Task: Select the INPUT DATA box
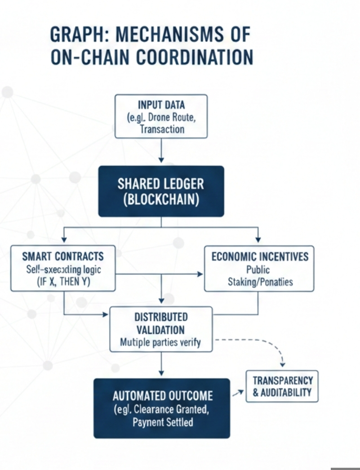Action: pos(161,116)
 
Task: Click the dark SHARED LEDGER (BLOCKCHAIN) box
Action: pos(161,191)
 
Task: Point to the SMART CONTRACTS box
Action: pos(63,269)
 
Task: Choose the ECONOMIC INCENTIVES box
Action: pos(259,269)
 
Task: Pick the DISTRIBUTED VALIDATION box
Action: pos(161,329)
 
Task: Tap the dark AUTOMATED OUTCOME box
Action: pos(162,408)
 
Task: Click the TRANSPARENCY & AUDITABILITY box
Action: pos(282,386)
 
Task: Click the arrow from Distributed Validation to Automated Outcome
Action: pos(161,364)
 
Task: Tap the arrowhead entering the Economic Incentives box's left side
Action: pos(200,273)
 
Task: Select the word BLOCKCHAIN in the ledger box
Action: pos(161,199)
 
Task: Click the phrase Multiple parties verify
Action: pos(160,342)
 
